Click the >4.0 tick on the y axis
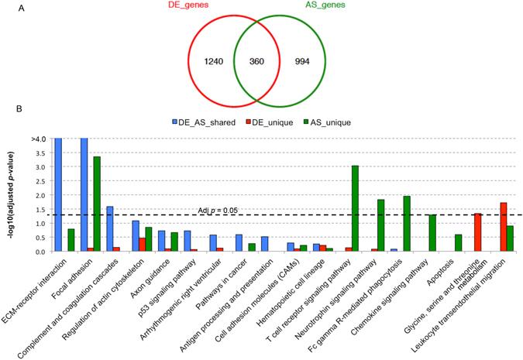(x=37, y=139)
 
